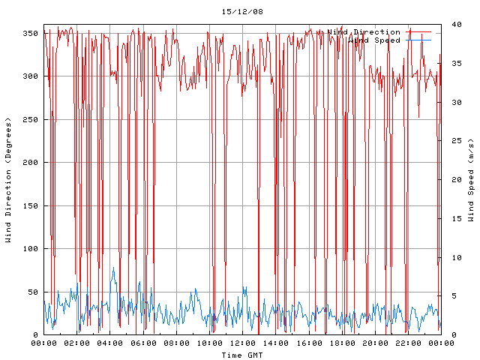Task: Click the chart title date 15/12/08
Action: click(242, 12)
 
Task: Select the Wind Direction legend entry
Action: click(364, 32)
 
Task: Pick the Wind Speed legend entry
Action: click(374, 40)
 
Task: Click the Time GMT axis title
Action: click(241, 355)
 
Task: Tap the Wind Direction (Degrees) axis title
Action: click(8, 180)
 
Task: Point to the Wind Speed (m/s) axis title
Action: click(471, 180)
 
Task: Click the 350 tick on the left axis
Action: click(30, 33)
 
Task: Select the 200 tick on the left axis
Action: click(30, 162)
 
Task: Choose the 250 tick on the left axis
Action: click(30, 119)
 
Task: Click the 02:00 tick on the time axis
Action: click(77, 343)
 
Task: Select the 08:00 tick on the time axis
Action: click(176, 343)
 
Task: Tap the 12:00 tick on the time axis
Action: click(242, 343)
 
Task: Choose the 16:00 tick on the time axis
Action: click(308, 343)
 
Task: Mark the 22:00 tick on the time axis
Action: click(407, 343)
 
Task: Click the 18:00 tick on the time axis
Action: click(341, 343)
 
